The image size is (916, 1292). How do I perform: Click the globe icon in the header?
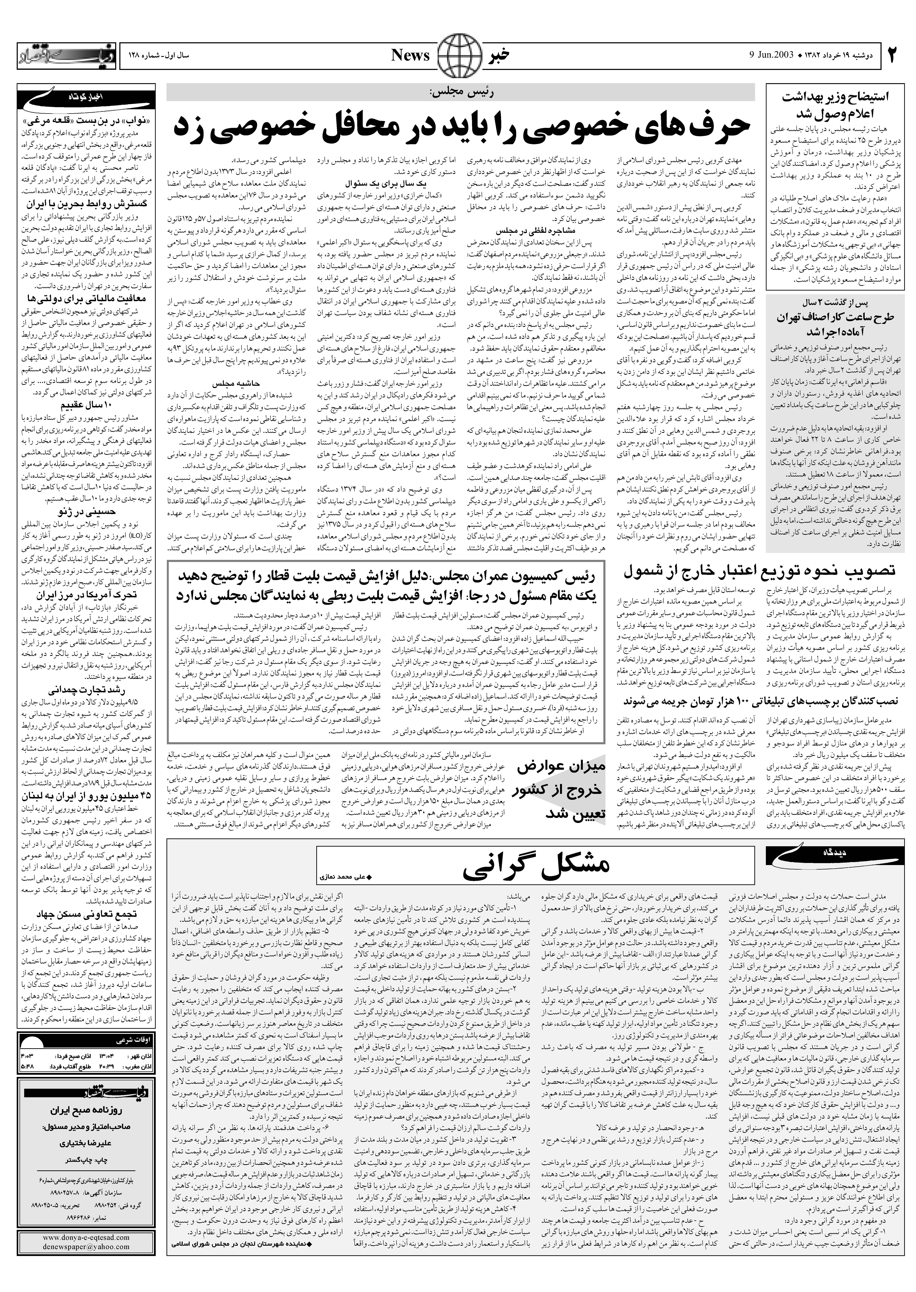pyautogui.click(x=458, y=55)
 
